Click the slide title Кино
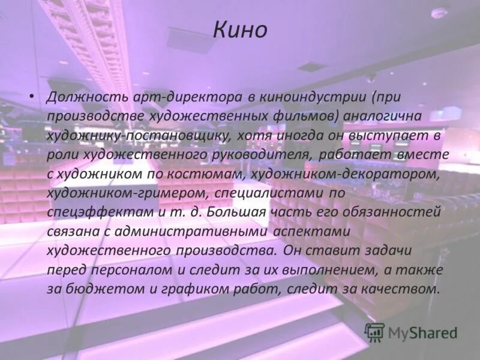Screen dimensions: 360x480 240,29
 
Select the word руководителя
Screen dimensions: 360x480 257,154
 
